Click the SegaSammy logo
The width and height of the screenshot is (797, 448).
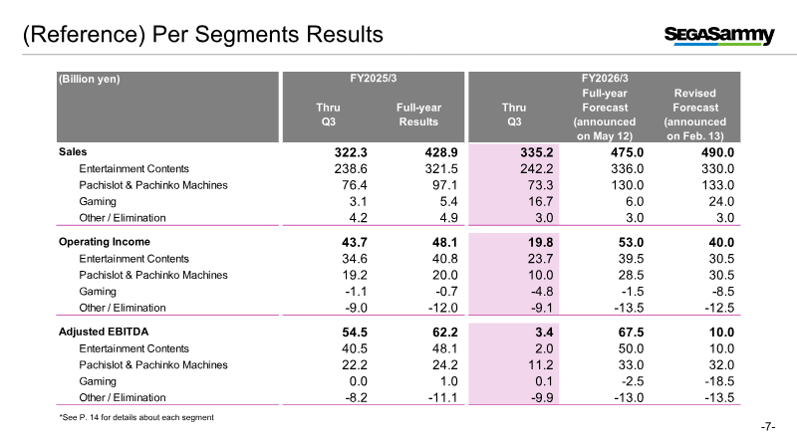coord(718,36)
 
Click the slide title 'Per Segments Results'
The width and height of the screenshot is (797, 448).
coord(203,35)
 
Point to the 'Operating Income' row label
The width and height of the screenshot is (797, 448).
coord(104,242)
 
